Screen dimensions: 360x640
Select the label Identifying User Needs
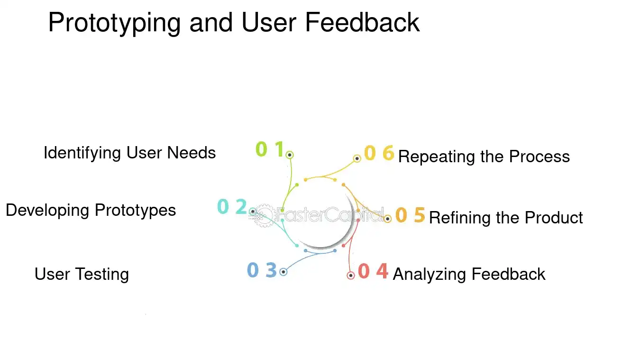click(129, 153)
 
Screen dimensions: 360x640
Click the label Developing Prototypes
click(91, 210)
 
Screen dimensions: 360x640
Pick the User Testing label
click(82, 274)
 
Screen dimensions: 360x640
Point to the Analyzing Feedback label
click(469, 274)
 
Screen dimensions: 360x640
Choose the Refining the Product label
click(506, 217)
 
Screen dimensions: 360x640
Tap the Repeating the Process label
click(484, 157)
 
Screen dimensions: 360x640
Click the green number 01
click(269, 149)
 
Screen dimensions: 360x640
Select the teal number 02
click(232, 207)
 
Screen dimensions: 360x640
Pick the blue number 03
click(261, 270)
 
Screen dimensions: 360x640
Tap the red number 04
click(373, 271)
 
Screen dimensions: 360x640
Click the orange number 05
click(410, 215)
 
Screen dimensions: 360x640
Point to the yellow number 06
click(379, 153)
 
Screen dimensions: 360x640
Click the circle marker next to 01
click(290, 155)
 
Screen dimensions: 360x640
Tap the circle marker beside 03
click(283, 272)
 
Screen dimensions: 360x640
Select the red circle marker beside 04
click(351, 276)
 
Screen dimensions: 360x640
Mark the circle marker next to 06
click(357, 158)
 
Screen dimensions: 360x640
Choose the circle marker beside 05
click(387, 219)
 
